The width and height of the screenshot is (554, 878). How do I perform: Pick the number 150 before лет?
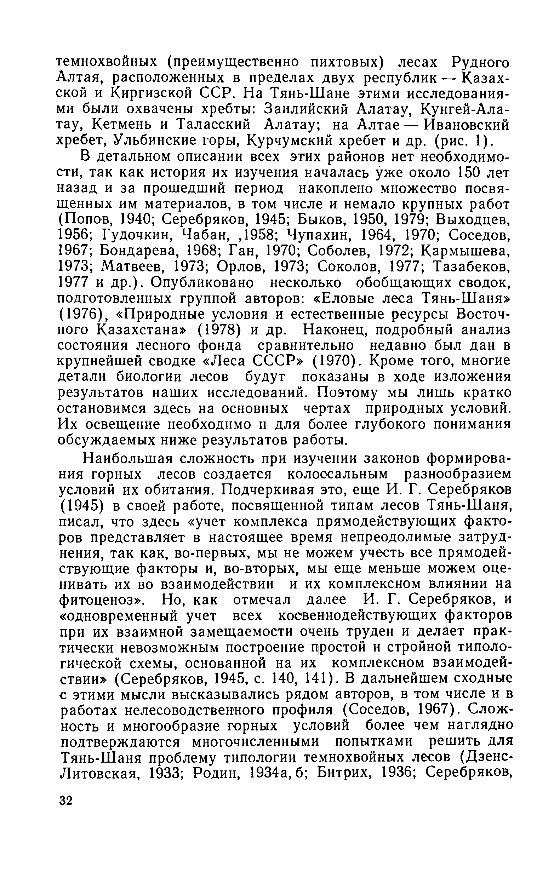point(467,172)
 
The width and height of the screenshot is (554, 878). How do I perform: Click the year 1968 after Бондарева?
point(201,251)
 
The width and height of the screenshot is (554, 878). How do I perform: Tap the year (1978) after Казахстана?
point(219,330)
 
